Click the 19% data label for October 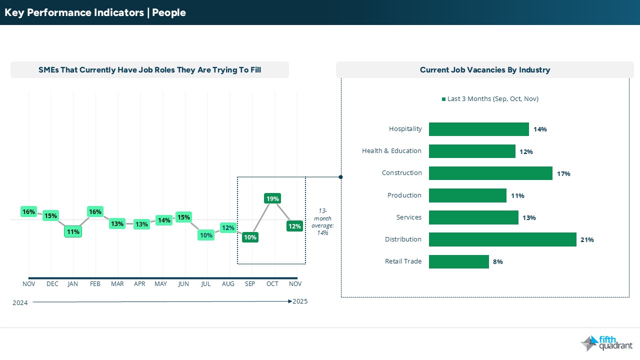[272, 198]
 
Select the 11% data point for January [72, 232]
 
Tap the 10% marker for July [206, 235]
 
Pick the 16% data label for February [95, 212]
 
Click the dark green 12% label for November [294, 226]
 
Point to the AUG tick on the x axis [228, 284]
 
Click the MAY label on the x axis [161, 284]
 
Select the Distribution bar [502, 239]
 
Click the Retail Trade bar [458, 261]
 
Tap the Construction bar [490, 173]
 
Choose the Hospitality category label [405, 129]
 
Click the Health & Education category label [391, 151]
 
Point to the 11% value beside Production [517, 196]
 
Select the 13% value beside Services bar [529, 218]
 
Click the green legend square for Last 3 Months [443, 99]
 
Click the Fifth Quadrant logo [606, 343]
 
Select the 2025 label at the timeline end [300, 301]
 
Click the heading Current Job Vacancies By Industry [484, 70]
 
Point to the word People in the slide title [169, 12]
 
